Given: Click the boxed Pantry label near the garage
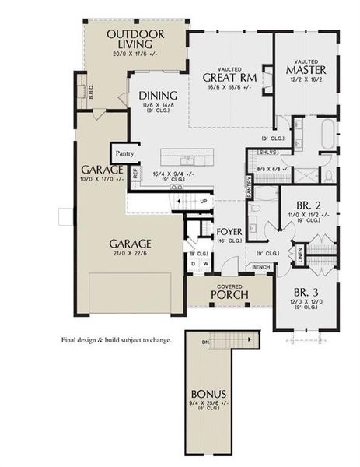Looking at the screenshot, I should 121,153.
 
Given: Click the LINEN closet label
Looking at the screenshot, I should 299,254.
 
